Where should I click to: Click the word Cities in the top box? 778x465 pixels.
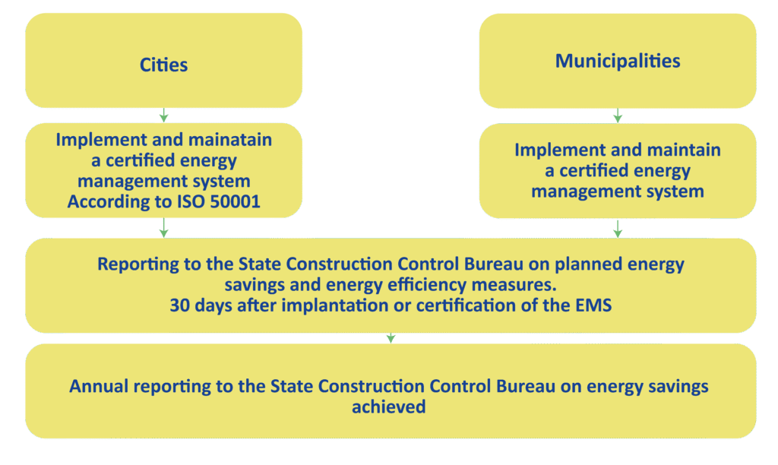(x=163, y=65)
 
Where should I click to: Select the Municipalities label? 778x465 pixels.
(x=618, y=61)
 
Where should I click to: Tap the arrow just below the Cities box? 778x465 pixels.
(x=164, y=115)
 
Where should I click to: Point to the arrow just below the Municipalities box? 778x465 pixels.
(x=618, y=115)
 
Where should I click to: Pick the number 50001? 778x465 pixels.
(x=236, y=201)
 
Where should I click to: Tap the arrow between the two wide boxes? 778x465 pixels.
(x=391, y=338)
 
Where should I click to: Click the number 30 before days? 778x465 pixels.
(x=179, y=305)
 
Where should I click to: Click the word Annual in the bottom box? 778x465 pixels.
(x=99, y=387)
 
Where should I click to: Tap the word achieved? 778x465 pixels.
(x=389, y=407)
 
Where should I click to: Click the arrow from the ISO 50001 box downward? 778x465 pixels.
(x=164, y=228)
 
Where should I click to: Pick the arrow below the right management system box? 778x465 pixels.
(x=618, y=229)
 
